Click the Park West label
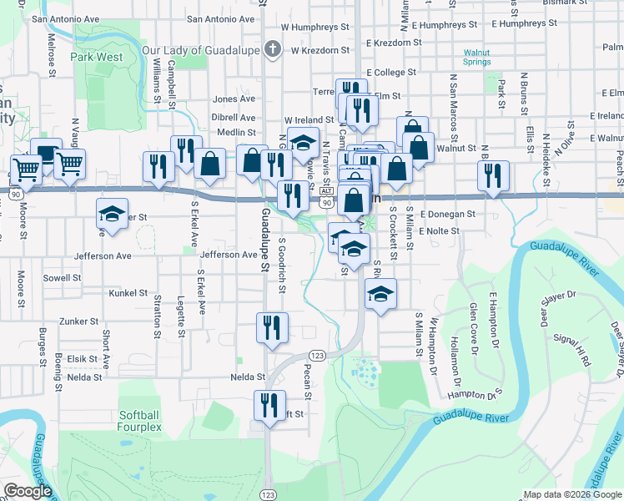pyautogui.click(x=97, y=58)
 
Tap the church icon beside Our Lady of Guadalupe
pyautogui.click(x=271, y=50)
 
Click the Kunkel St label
pyautogui.click(x=128, y=293)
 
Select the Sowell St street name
pyautogui.click(x=63, y=277)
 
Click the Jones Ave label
pyautogui.click(x=234, y=99)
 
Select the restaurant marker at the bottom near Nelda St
pyautogui.click(x=269, y=407)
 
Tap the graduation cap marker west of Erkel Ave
pyautogui.click(x=112, y=214)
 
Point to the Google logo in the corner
pyautogui.click(x=28, y=491)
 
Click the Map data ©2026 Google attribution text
pyautogui.click(x=572, y=494)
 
